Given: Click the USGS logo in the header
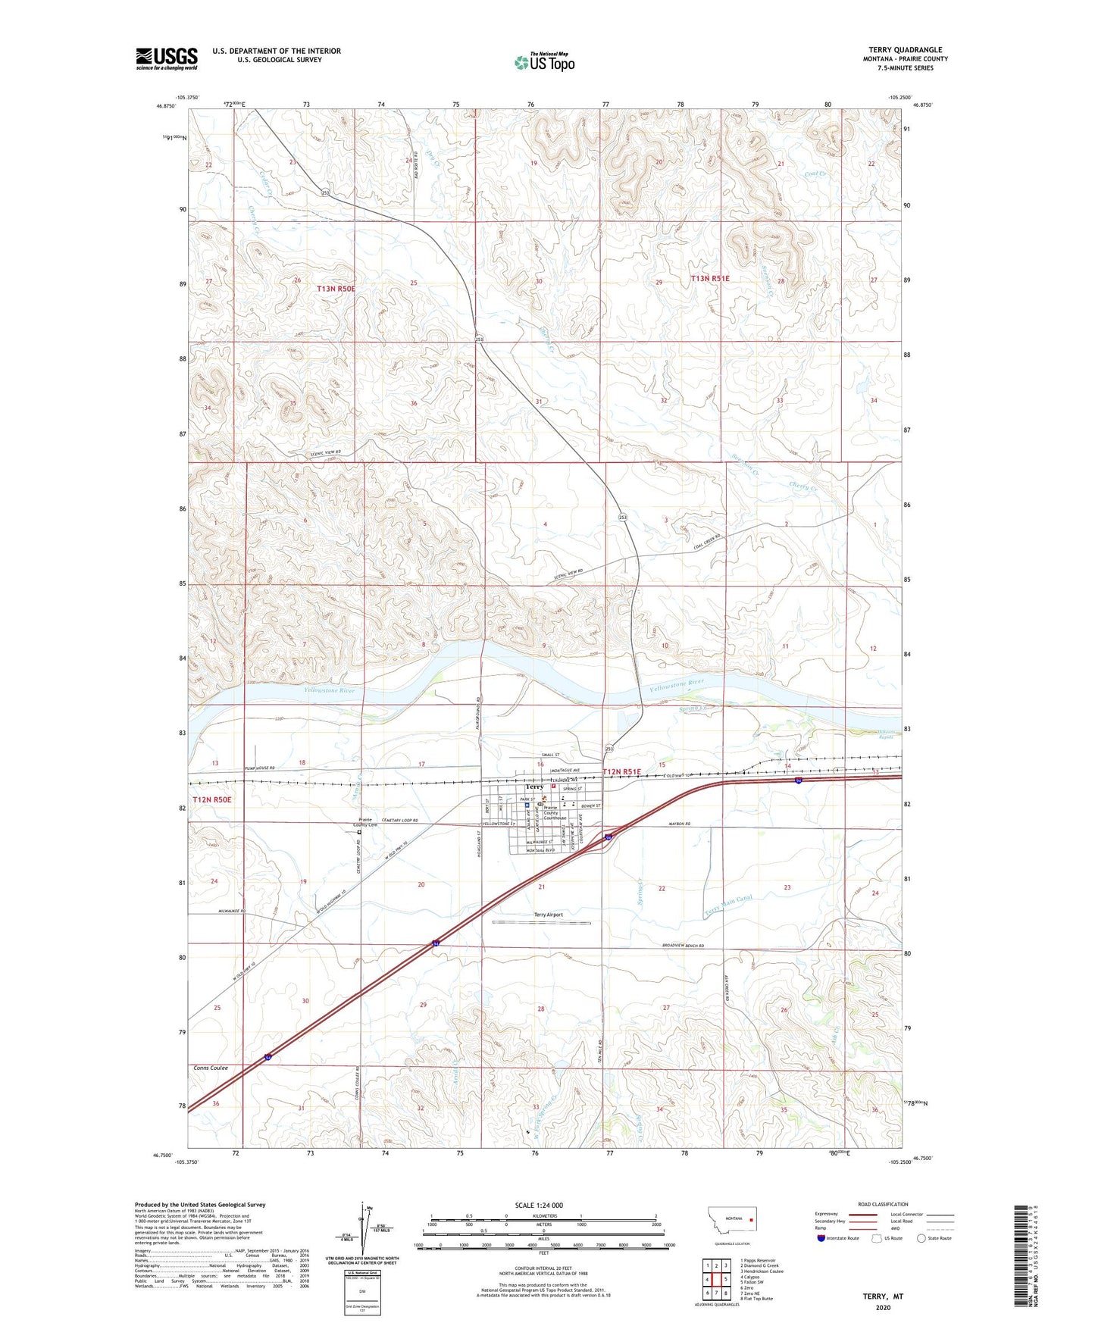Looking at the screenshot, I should (167, 58).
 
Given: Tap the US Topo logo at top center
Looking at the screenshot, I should (543, 62).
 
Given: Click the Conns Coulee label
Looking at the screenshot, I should (211, 1068).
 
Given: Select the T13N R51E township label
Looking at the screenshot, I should (710, 278).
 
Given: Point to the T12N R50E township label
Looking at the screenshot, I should (211, 799).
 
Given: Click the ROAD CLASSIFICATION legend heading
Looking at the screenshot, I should (883, 1204).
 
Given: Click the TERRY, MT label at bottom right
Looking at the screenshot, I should (883, 1296).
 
